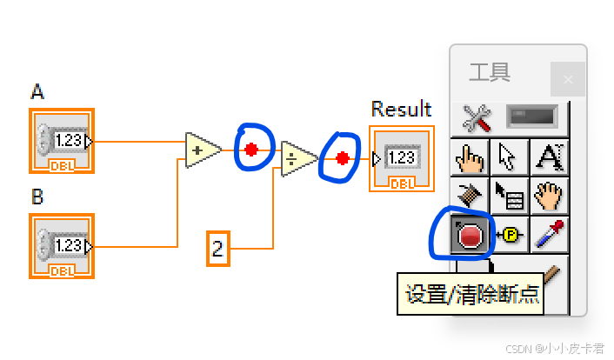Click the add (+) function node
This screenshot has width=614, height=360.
point(201,150)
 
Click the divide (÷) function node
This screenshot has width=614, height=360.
point(297,158)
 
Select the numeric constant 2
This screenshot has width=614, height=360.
point(217,250)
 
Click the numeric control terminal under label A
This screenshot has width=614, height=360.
point(62,140)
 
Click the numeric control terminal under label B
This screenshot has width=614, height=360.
point(62,246)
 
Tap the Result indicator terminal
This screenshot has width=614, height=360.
point(400,158)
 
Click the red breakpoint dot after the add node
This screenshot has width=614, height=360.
point(251,150)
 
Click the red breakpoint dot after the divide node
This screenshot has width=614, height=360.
point(343,158)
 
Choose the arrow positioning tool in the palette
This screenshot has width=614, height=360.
point(508,157)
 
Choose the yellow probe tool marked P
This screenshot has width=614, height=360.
point(508,235)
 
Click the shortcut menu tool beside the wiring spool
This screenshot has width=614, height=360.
point(508,197)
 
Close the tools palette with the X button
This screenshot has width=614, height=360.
point(568,80)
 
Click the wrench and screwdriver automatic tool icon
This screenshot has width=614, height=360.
point(477,117)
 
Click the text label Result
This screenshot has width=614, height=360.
point(401,109)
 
